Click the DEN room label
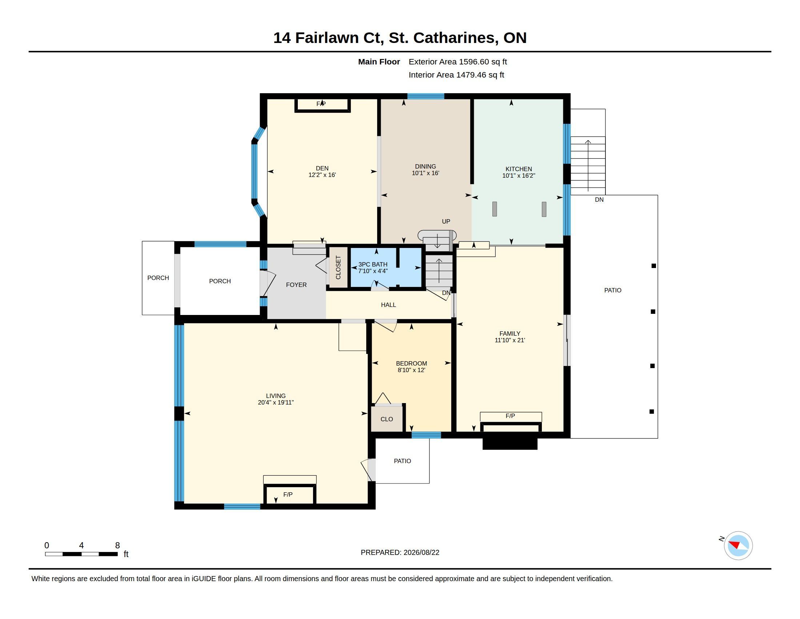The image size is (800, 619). [322, 168]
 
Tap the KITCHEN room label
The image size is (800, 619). [519, 169]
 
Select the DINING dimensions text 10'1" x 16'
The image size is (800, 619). [425, 173]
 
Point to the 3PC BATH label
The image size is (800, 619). [373, 264]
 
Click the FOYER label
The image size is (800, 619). [296, 285]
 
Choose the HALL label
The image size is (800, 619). [388, 305]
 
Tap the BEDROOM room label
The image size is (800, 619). [411, 363]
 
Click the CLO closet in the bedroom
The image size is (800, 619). [387, 419]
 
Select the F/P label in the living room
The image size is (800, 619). [288, 495]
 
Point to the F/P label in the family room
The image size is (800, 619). [510, 416]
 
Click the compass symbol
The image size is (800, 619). [738, 546]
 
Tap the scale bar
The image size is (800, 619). [81, 554]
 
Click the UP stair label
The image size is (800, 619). [446, 221]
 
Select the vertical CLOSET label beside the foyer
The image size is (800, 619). [338, 267]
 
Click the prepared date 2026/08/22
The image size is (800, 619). [421, 553]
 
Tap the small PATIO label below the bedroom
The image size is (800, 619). [402, 461]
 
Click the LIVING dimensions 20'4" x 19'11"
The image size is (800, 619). [276, 403]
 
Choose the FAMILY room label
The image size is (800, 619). [510, 334]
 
